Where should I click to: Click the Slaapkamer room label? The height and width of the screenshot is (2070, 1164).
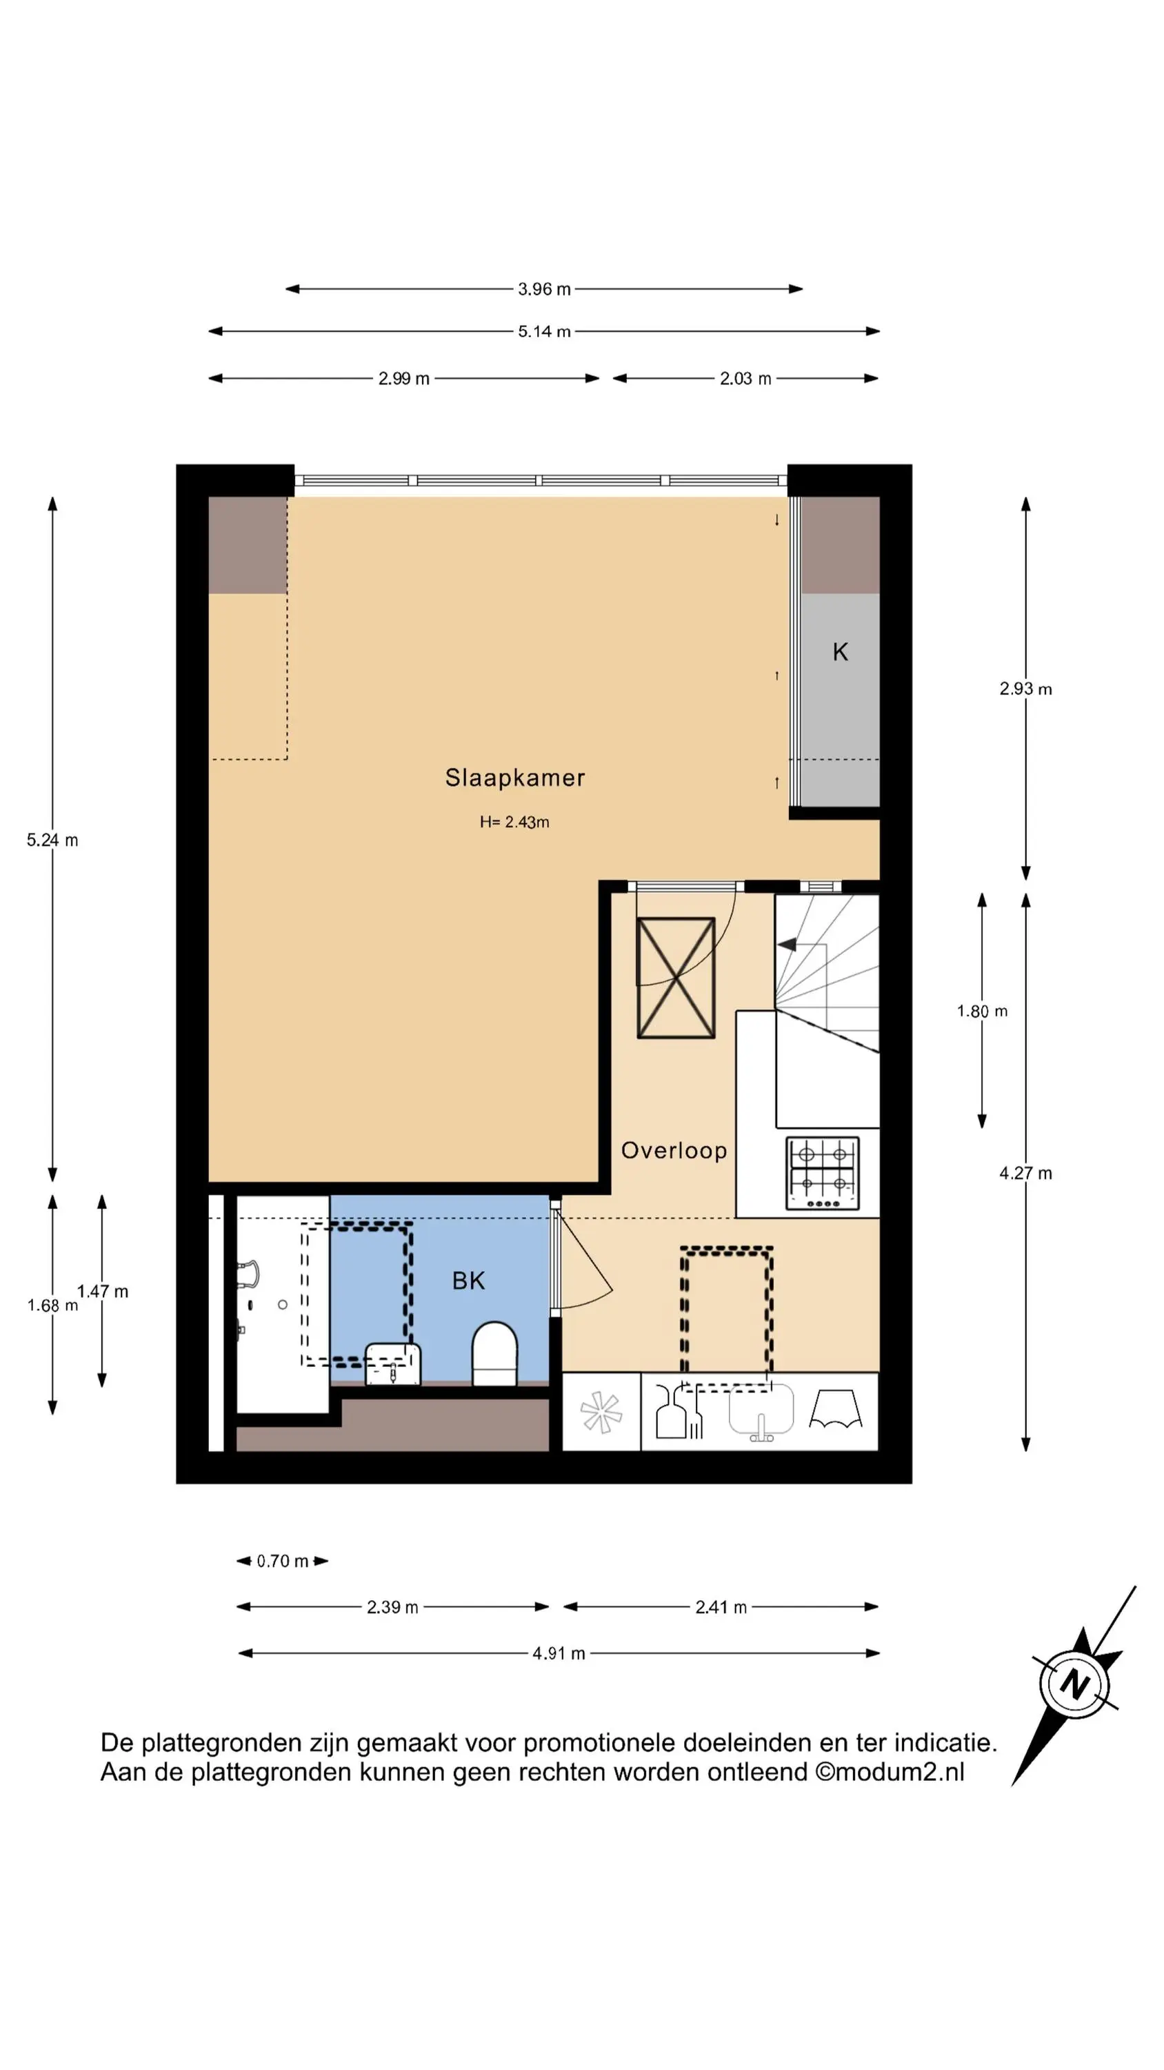[x=515, y=778]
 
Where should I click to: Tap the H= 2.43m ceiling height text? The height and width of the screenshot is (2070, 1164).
[x=514, y=822]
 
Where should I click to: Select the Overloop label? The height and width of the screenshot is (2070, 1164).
[x=674, y=1151]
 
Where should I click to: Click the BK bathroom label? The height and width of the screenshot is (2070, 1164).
[x=468, y=1281]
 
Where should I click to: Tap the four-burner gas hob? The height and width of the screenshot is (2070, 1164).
[x=822, y=1174]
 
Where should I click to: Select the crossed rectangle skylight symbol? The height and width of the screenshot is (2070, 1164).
[x=676, y=978]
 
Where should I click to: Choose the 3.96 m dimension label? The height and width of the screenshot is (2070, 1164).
[x=544, y=289]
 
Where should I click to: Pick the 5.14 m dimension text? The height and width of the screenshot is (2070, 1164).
[x=544, y=331]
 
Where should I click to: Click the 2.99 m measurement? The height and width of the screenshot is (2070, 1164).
[x=404, y=379]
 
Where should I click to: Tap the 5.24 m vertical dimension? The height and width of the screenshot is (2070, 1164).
[x=52, y=840]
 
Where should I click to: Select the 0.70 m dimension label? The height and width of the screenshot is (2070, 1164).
[x=282, y=1561]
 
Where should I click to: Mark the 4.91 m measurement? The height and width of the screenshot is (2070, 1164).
[x=559, y=1654]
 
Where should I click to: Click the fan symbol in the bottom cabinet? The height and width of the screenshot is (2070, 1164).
[x=601, y=1414]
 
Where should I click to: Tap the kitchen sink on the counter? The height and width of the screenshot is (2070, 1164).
[x=761, y=1412]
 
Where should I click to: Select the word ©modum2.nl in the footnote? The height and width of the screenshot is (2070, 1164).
[x=890, y=1772]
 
